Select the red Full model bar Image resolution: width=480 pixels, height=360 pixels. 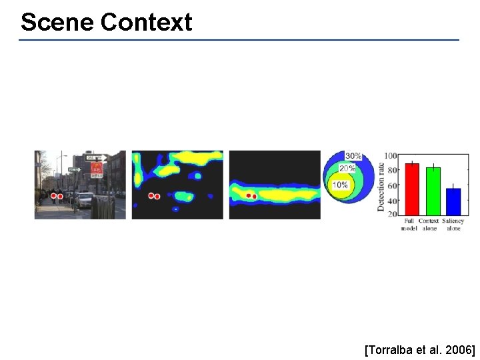pos(412,189)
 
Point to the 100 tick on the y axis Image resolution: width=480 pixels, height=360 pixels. pos(391,156)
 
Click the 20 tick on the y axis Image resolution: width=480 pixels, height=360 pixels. pos(393,215)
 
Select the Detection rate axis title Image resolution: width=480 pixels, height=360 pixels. pos(381,186)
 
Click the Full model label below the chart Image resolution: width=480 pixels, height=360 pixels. pos(409,224)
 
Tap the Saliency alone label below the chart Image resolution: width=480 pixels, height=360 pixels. pos(453,224)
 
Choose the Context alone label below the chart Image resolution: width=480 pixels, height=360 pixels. pos(430,224)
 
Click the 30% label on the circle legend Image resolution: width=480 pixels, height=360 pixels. pos(353,156)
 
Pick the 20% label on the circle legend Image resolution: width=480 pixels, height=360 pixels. pos(347,169)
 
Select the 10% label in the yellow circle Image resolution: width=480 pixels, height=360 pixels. pos(341,185)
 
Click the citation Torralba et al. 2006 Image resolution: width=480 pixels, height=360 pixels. pos(419,349)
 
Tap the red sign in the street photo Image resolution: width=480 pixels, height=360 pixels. pos(97,169)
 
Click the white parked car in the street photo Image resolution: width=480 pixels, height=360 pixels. pos(85,199)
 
